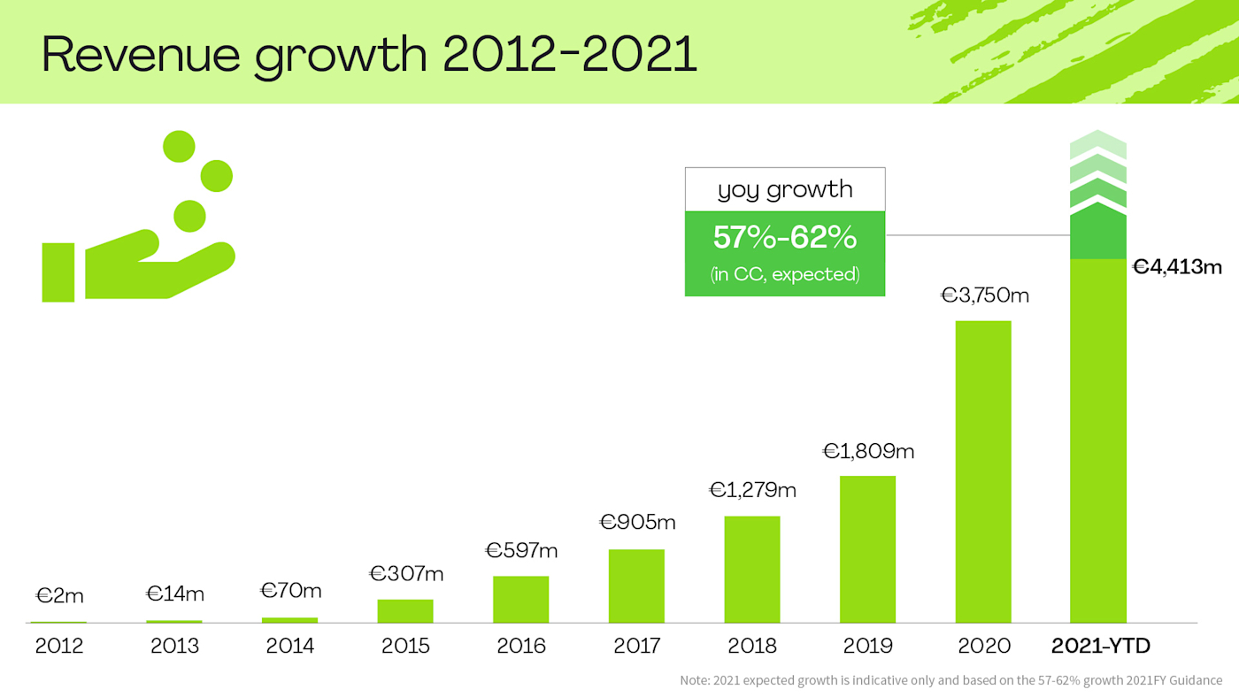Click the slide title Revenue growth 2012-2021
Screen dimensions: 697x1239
point(369,55)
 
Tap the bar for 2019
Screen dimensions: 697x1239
point(867,549)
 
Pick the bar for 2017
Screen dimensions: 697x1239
point(636,586)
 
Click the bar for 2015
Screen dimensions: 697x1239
point(405,611)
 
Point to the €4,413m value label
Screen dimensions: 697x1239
point(1177,266)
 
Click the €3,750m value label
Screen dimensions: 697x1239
point(984,295)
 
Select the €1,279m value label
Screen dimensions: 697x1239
point(753,489)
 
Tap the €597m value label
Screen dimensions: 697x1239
point(521,550)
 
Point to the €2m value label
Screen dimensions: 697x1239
point(59,596)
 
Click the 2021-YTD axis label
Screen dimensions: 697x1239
point(1100,647)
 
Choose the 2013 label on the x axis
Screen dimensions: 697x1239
point(174,647)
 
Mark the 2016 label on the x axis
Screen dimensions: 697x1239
point(521,647)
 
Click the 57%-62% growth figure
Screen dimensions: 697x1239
point(784,238)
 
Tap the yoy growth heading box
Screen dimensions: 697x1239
point(784,189)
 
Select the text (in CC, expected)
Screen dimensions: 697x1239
point(784,274)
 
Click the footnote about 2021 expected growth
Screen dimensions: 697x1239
point(950,680)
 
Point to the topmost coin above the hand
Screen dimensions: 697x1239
point(179,146)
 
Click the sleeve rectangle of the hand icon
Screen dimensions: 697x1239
point(58,272)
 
